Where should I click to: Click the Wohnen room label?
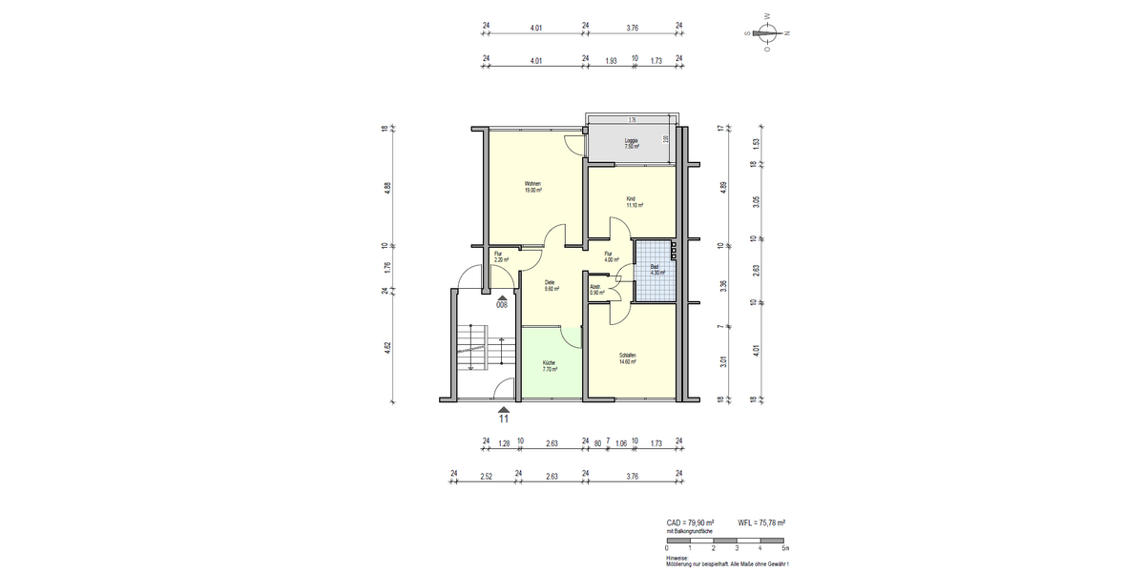pyautogui.click(x=532, y=187)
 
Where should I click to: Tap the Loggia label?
pyautogui.click(x=631, y=144)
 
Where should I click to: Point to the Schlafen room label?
pyautogui.click(x=627, y=359)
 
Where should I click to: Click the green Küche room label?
pyautogui.click(x=549, y=366)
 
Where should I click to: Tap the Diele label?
pyautogui.click(x=551, y=285)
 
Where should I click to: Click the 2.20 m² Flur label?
pyautogui.click(x=500, y=256)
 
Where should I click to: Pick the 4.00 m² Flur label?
pyautogui.click(x=610, y=256)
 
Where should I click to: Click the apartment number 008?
pyautogui.click(x=502, y=306)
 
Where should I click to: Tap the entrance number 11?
pyautogui.click(x=504, y=417)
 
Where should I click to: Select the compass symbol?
pyautogui.click(x=767, y=33)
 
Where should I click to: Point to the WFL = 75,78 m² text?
pyautogui.click(x=761, y=523)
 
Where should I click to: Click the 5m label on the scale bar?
pyautogui.click(x=784, y=548)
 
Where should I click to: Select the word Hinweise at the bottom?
pyautogui.click(x=677, y=558)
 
